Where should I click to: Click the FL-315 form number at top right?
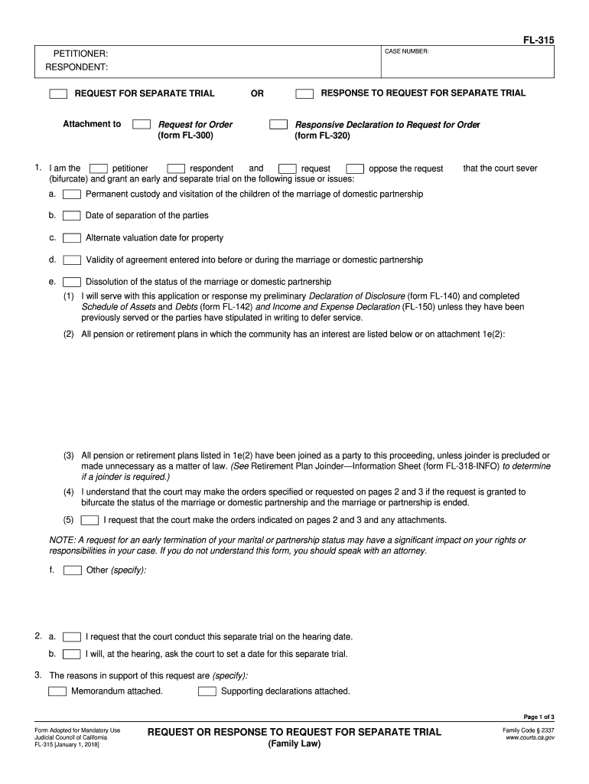coord(539,39)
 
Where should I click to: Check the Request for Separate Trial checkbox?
coord(58,94)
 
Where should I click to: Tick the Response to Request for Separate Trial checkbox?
coord(304,94)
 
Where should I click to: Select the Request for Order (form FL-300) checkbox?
coord(141,125)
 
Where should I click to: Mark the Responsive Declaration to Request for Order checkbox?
coord(278,125)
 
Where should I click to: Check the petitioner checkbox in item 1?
coord(98,168)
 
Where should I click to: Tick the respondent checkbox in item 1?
coord(176,168)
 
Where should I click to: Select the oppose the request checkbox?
coord(355,168)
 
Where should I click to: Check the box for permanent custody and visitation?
coord(72,194)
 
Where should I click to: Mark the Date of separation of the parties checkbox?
coord(72,216)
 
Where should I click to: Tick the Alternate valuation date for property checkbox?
coord(72,238)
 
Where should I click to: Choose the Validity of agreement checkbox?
coord(72,260)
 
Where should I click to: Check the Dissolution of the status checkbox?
coord(72,282)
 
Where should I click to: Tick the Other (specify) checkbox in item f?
coord(72,570)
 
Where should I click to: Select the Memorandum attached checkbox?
coord(57,691)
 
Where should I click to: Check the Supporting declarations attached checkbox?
coord(207,691)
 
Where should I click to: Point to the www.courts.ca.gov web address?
coord(530,738)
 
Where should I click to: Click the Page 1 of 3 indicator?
coord(539,717)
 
